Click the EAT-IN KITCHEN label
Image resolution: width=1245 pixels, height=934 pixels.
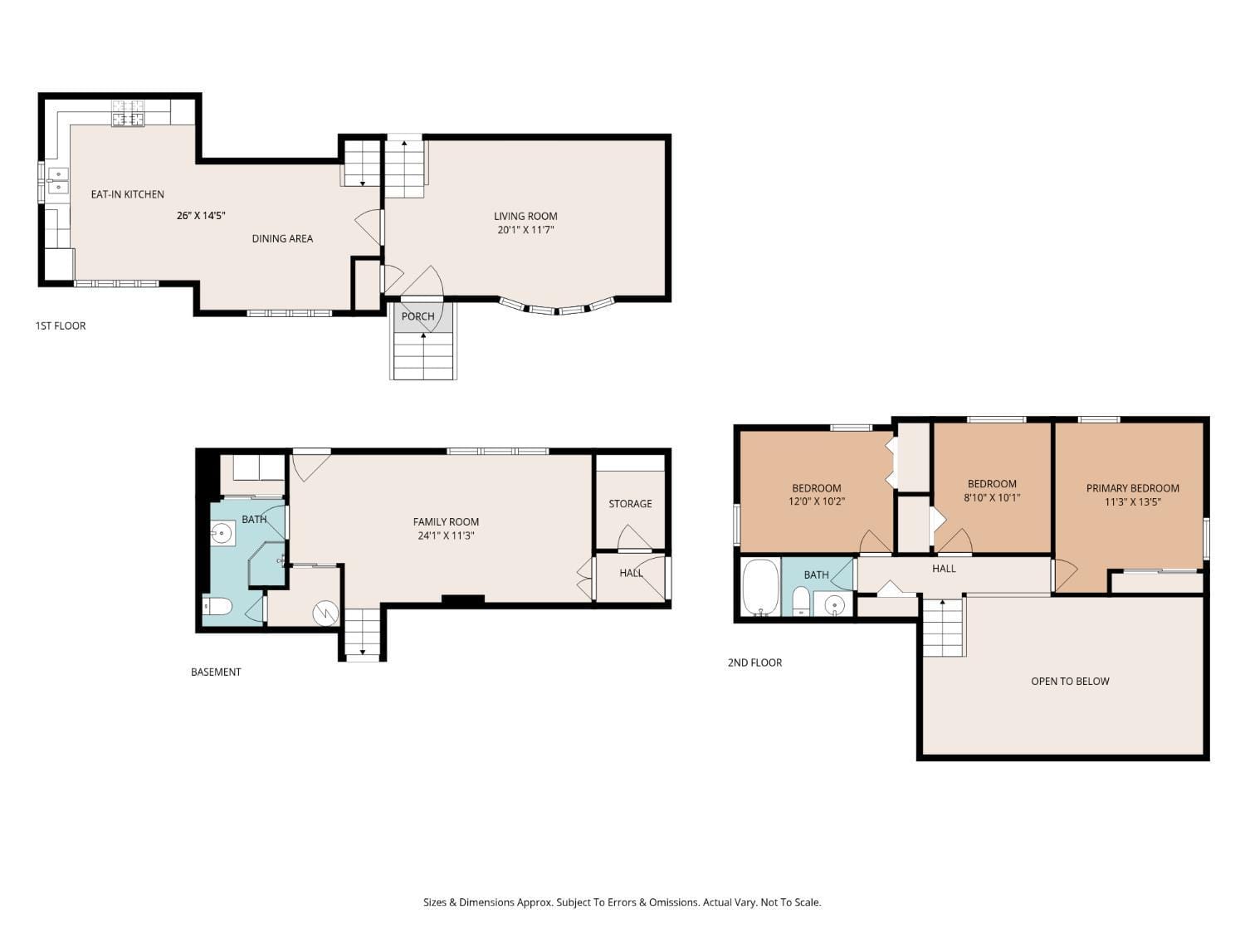pos(127,194)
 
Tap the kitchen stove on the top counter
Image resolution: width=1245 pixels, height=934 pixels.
pos(128,113)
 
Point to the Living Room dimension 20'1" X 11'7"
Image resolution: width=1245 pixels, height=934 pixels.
pos(525,230)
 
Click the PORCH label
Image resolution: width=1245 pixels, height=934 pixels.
pos(417,316)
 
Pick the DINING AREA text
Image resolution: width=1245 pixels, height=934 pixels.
pos(282,238)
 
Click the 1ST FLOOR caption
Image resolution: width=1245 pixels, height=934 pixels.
pos(61,325)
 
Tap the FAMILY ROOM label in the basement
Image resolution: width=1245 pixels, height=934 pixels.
pos(446,521)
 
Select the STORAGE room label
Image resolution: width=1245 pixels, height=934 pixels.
pos(630,503)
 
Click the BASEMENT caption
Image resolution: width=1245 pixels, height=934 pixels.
pos(216,672)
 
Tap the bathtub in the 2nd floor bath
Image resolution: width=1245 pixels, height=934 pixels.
pos(759,588)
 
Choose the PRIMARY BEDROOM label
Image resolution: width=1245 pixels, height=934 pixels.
pos(1132,488)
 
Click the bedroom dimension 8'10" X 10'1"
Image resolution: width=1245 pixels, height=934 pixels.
pos(992,498)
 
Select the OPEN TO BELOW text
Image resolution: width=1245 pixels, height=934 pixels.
pos(1070,681)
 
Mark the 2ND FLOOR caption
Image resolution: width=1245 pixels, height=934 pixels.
pos(754,663)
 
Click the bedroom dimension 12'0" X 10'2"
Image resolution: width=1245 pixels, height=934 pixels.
pos(816,501)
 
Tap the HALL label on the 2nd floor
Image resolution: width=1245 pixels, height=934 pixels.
pos(944,569)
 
